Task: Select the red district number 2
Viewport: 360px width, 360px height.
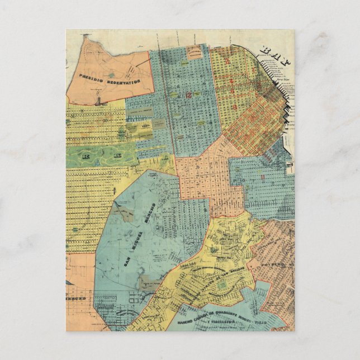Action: point(228,56)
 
